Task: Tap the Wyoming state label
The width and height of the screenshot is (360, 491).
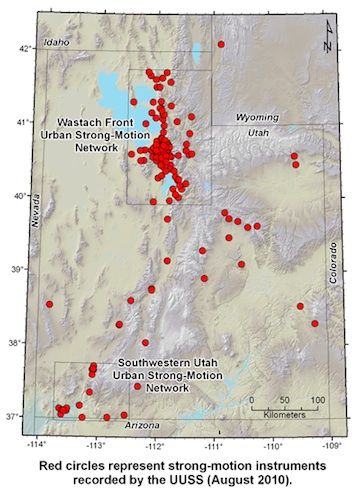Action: [x=259, y=117]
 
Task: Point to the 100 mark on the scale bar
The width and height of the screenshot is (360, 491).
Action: [x=317, y=400]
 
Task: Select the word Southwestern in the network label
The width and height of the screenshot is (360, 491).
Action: [x=148, y=361]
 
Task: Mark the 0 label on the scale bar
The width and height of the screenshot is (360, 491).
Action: [x=253, y=400]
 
